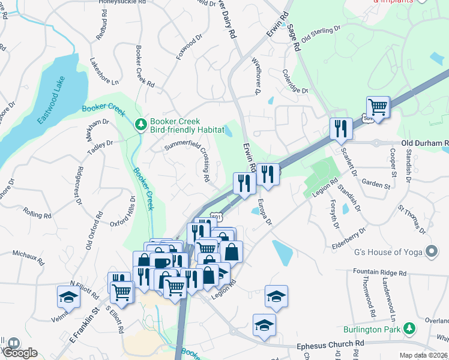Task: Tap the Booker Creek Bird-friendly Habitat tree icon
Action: pyautogui.click(x=140, y=125)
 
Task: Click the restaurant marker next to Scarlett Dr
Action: pyautogui.click(x=339, y=129)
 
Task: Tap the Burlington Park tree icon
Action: pyautogui.click(x=409, y=328)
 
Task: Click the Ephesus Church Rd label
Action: pyautogui.click(x=331, y=346)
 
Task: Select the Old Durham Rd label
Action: pyautogui.click(x=424, y=143)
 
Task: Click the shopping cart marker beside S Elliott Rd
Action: pyautogui.click(x=122, y=292)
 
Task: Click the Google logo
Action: pyautogui.click(x=20, y=353)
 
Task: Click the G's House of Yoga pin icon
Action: pyautogui.click(x=430, y=250)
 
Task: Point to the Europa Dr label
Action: pyautogui.click(x=265, y=214)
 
